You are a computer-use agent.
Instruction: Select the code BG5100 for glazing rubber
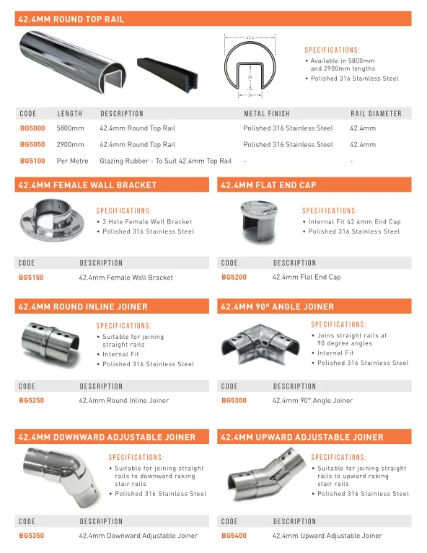pyautogui.click(x=32, y=161)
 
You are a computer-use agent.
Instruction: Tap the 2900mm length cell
pyautogui.click(x=70, y=144)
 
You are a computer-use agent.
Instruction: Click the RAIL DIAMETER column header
pyautogui.click(x=375, y=113)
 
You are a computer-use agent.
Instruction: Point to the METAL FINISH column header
pyautogui.click(x=266, y=113)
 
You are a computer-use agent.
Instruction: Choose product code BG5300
pyautogui.click(x=234, y=400)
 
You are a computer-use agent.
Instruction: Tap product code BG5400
pyautogui.click(x=234, y=536)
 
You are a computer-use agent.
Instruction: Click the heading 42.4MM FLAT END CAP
pyautogui.click(x=268, y=185)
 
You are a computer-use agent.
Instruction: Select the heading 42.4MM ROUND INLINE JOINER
pyautogui.click(x=82, y=306)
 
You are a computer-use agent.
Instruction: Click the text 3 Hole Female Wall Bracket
pyautogui.click(x=147, y=222)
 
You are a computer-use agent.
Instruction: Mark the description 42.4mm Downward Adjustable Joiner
pyautogui.click(x=138, y=536)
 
